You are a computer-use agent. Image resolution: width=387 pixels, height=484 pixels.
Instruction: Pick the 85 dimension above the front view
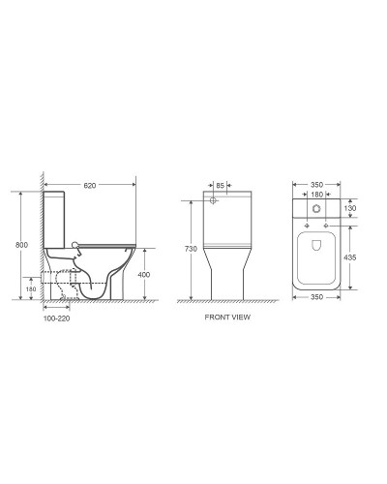coord(220,185)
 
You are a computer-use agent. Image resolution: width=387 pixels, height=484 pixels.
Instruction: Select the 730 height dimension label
coord(191,250)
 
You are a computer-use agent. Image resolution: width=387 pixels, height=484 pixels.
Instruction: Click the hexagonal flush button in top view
coord(317,209)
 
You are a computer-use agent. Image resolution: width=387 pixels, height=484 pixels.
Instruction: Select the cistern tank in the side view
coord(55,218)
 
